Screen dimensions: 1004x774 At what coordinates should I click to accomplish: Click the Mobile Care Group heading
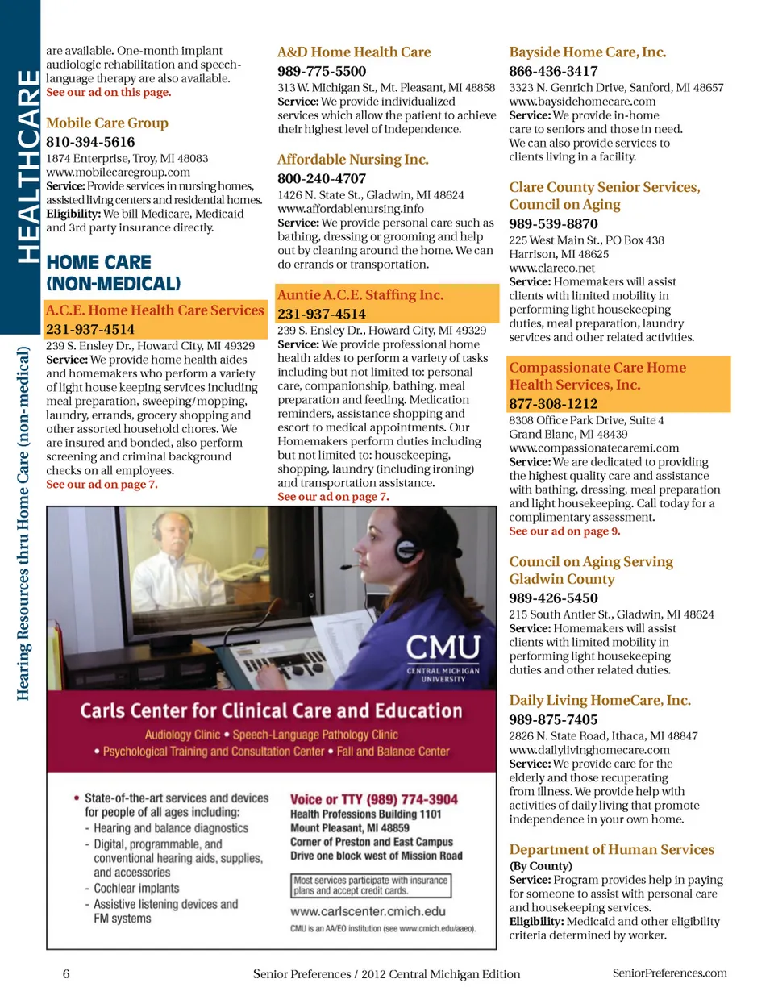click(107, 123)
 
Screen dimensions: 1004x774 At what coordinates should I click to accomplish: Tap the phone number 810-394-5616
click(90, 142)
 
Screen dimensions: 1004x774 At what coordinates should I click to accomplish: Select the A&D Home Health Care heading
click(354, 52)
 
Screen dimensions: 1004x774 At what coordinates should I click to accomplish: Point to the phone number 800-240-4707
click(322, 178)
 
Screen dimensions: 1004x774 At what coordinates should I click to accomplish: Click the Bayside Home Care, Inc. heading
click(587, 52)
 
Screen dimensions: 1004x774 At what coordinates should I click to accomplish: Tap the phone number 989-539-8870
click(553, 223)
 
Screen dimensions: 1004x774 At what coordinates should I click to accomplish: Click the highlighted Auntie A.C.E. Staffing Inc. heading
click(360, 295)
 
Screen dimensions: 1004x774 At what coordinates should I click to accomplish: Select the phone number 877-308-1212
click(553, 403)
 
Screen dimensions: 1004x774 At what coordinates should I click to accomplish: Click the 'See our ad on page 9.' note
click(564, 531)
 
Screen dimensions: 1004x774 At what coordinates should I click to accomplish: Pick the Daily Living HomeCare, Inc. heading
click(599, 700)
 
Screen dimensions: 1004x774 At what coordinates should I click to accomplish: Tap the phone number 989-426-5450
click(553, 598)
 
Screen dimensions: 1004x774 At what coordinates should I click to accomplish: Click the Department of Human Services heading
click(611, 849)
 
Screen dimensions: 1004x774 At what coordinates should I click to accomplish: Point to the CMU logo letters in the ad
click(443, 648)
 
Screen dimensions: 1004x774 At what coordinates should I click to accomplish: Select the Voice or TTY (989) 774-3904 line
click(374, 799)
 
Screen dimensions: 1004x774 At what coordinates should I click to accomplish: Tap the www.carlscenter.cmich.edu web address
click(368, 911)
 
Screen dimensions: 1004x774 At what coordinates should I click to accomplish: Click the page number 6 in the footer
click(66, 973)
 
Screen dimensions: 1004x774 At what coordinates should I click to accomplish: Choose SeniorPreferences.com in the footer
click(669, 973)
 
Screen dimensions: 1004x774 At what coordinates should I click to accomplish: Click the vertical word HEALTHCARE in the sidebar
click(27, 166)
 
